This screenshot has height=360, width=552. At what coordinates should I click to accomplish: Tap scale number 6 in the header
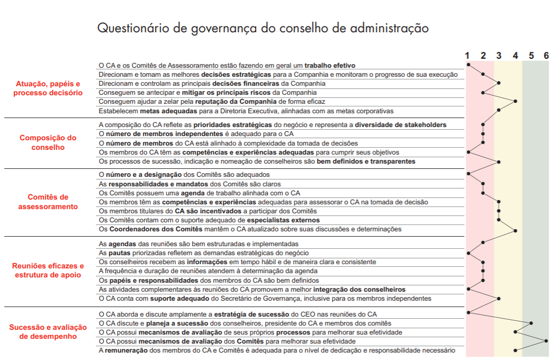point(546,56)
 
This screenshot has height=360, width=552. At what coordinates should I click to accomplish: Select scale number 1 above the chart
point(467,56)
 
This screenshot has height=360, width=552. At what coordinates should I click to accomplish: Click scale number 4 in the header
point(515,56)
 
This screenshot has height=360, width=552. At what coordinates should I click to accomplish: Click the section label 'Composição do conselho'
point(48,143)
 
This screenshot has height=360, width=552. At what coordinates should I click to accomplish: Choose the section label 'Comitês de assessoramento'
point(48,202)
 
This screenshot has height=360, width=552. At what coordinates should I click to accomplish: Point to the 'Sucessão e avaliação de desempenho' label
point(48,332)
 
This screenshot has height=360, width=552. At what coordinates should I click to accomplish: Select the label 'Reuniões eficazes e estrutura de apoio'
point(48,271)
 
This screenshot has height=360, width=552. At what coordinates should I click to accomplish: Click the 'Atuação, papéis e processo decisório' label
point(48,88)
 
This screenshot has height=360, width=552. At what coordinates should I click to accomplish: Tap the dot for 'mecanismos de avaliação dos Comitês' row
point(546,341)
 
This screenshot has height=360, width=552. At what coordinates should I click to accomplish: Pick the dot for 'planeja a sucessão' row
point(531,322)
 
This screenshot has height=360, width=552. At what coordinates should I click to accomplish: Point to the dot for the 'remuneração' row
point(515,350)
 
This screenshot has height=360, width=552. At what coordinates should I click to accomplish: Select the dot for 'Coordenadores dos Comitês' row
point(515,230)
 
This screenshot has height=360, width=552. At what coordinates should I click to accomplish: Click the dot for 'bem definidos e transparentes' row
point(499,161)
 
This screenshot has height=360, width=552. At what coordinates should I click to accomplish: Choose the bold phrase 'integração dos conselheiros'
point(359,290)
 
